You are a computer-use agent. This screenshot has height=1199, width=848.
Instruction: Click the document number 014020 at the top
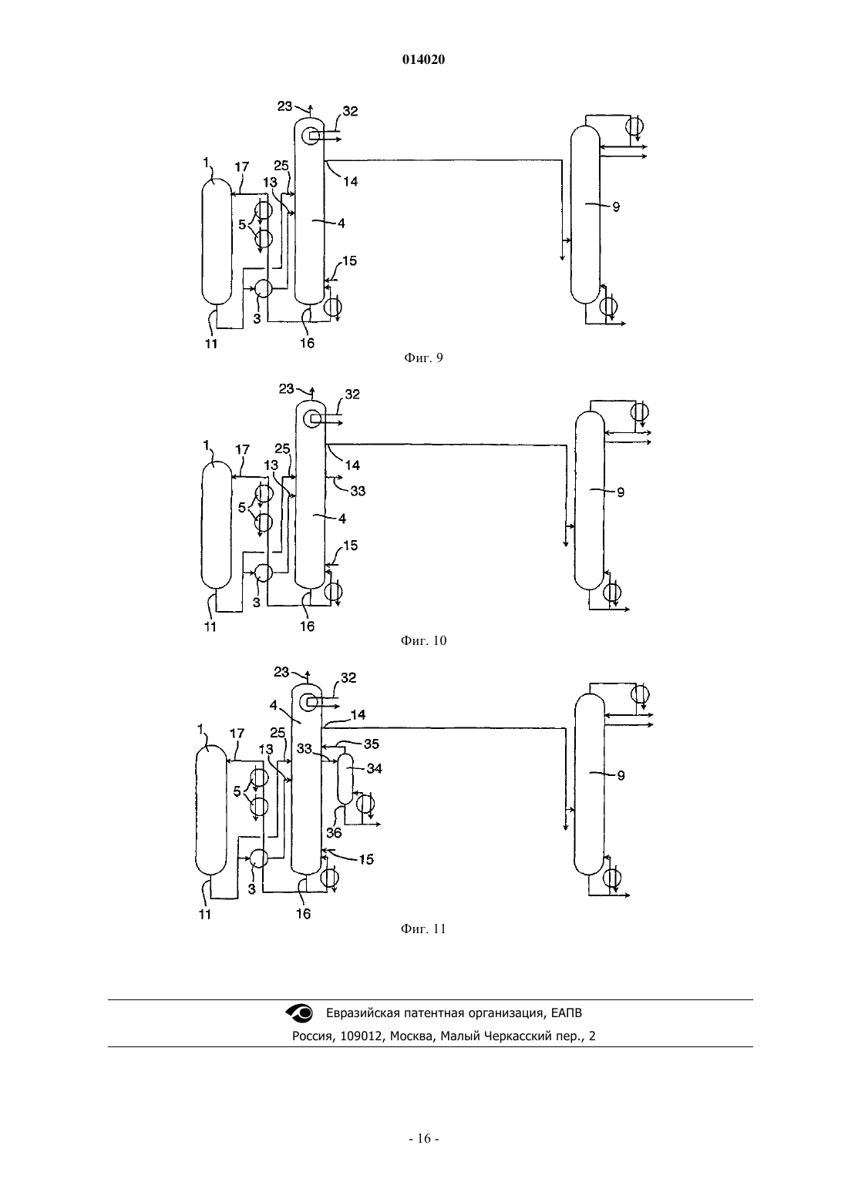[423, 60]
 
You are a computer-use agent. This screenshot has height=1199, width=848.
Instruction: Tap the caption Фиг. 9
[423, 358]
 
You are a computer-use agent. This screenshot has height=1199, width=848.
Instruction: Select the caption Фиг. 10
[423, 640]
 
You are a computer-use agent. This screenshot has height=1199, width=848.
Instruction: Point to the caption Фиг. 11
[423, 929]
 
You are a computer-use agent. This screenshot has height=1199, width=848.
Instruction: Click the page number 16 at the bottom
[423, 1139]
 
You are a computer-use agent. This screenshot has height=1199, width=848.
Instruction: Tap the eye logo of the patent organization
[299, 1012]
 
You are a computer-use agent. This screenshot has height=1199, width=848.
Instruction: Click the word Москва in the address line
[409, 1036]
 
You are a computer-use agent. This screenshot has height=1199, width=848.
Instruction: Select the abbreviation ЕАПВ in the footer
[566, 1013]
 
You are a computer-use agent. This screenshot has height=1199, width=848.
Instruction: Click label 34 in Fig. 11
[374, 769]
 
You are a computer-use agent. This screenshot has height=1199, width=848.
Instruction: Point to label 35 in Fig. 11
[371, 744]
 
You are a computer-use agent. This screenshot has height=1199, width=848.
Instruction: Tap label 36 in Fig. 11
[334, 832]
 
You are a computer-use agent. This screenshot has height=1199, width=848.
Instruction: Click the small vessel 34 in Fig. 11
[345, 779]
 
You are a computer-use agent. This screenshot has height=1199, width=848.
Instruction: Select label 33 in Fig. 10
[358, 491]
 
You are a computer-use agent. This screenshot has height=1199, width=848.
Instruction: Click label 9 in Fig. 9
[616, 207]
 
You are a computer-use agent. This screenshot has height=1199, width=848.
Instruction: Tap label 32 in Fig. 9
[350, 111]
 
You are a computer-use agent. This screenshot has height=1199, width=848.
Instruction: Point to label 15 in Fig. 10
[350, 546]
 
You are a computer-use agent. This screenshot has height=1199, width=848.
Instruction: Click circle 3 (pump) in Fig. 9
[262, 288]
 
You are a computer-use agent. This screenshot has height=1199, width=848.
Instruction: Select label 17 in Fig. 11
[237, 734]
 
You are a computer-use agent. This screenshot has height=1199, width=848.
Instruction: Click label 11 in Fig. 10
[210, 626]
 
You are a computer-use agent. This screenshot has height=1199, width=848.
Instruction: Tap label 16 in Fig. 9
[307, 343]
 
